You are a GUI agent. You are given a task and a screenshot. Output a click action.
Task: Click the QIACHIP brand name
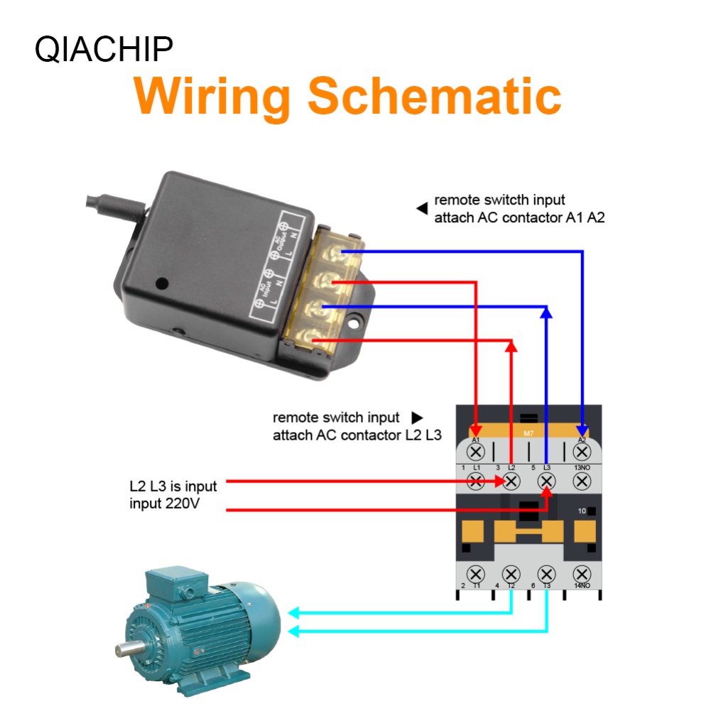pos(104,50)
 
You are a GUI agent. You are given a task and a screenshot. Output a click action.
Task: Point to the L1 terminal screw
pos(476,482)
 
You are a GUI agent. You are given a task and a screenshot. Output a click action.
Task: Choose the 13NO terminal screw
pos(582,482)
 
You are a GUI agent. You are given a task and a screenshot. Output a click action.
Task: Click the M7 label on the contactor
pos(528,433)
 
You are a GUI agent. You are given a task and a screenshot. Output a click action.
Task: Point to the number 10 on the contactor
pos(582,511)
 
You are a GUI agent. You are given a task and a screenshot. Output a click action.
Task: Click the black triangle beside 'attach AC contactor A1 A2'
pos(421,208)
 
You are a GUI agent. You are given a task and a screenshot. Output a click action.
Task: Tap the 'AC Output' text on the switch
pos(278,241)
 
